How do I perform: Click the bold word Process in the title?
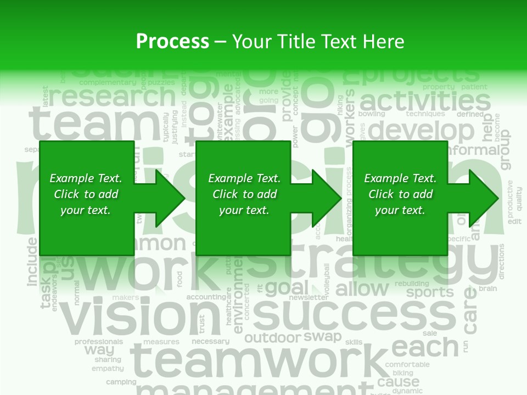pos(172,41)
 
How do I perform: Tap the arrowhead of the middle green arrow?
pos(326,198)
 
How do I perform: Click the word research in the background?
pos(113,97)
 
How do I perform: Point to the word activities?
pos(425,101)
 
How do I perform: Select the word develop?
pos(421,131)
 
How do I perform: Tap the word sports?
pos(430,292)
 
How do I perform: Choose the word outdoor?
pos(273,338)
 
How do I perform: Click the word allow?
pos(362,289)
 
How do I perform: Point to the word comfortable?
pos(407,364)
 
